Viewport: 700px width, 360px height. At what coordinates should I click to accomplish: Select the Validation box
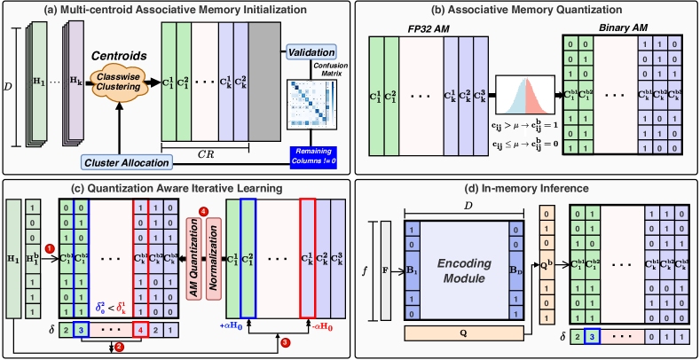click(310, 55)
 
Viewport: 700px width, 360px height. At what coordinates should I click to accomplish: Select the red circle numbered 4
click(203, 211)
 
